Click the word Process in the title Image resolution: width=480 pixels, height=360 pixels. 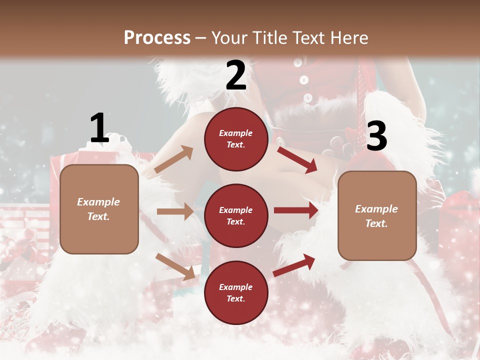157,37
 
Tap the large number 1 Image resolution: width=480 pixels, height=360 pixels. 99,128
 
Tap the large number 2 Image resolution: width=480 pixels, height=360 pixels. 236,75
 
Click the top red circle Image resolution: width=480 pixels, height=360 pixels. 236,139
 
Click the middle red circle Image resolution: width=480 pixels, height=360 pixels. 236,215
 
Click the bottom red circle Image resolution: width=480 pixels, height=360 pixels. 236,292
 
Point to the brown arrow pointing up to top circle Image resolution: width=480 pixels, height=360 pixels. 174,159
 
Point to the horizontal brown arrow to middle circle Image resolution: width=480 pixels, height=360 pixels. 175,211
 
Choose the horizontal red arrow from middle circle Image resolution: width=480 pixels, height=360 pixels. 296,210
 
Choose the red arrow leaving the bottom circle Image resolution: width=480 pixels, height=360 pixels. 294,264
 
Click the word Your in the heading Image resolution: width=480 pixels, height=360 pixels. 228,38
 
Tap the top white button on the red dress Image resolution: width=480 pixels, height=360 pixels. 298,63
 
